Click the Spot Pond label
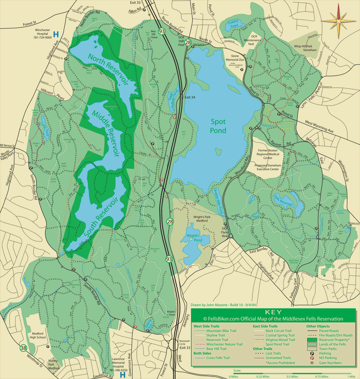(x=218, y=126)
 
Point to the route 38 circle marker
(x=23, y=348)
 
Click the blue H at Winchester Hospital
(x=56, y=35)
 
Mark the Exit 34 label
(x=190, y=98)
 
